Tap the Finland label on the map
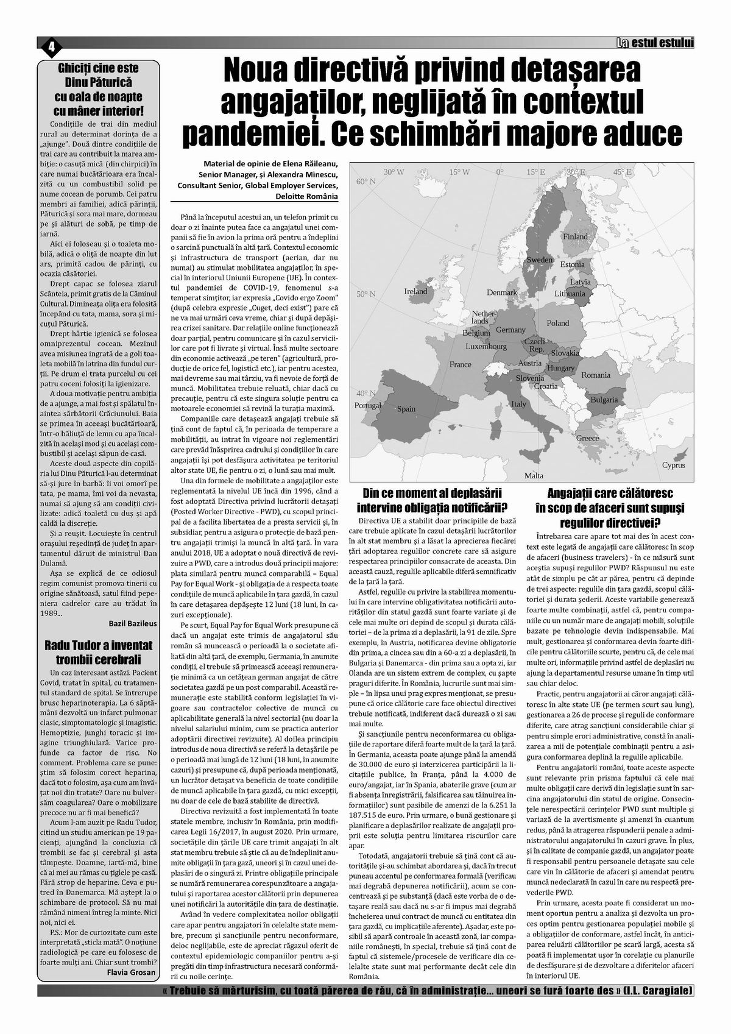[575, 236]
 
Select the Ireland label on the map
[416, 291]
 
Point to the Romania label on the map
[595, 375]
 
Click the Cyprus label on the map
[674, 465]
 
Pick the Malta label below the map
[534, 475]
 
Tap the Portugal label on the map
[367, 405]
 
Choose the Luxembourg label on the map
[486, 347]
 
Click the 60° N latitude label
[367, 182]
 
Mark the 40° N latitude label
[366, 393]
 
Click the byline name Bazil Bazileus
[132, 625]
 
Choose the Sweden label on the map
[539, 260]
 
